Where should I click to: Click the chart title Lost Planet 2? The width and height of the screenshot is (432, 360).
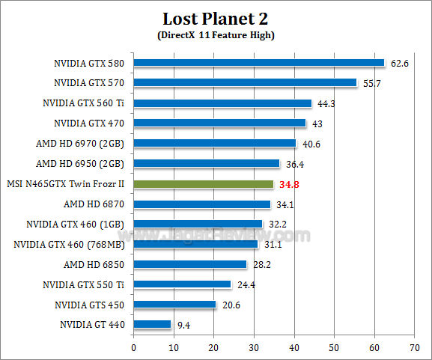(x=216, y=18)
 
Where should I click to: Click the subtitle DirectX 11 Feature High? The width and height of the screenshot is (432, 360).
(x=216, y=35)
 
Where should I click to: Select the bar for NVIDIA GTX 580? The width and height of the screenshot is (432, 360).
(x=258, y=63)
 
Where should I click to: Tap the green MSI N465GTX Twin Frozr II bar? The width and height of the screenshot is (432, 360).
(x=203, y=184)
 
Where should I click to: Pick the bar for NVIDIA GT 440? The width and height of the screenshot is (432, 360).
(x=152, y=325)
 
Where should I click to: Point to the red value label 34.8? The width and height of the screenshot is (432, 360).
(x=289, y=184)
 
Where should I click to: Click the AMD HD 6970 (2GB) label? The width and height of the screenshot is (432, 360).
(x=79, y=143)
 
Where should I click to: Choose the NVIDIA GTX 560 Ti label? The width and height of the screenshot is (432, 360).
(x=85, y=103)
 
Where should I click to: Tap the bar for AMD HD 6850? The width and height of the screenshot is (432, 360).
(x=189, y=264)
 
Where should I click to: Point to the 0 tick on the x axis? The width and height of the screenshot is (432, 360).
(x=133, y=348)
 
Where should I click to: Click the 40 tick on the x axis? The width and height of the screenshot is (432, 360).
(x=293, y=348)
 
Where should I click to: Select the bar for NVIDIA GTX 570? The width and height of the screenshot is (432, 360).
(x=245, y=83)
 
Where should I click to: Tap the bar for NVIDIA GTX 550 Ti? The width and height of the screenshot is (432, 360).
(x=182, y=284)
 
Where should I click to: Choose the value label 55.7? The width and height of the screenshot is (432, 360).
(x=373, y=84)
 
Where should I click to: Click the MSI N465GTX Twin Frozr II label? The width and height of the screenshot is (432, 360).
(x=64, y=183)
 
